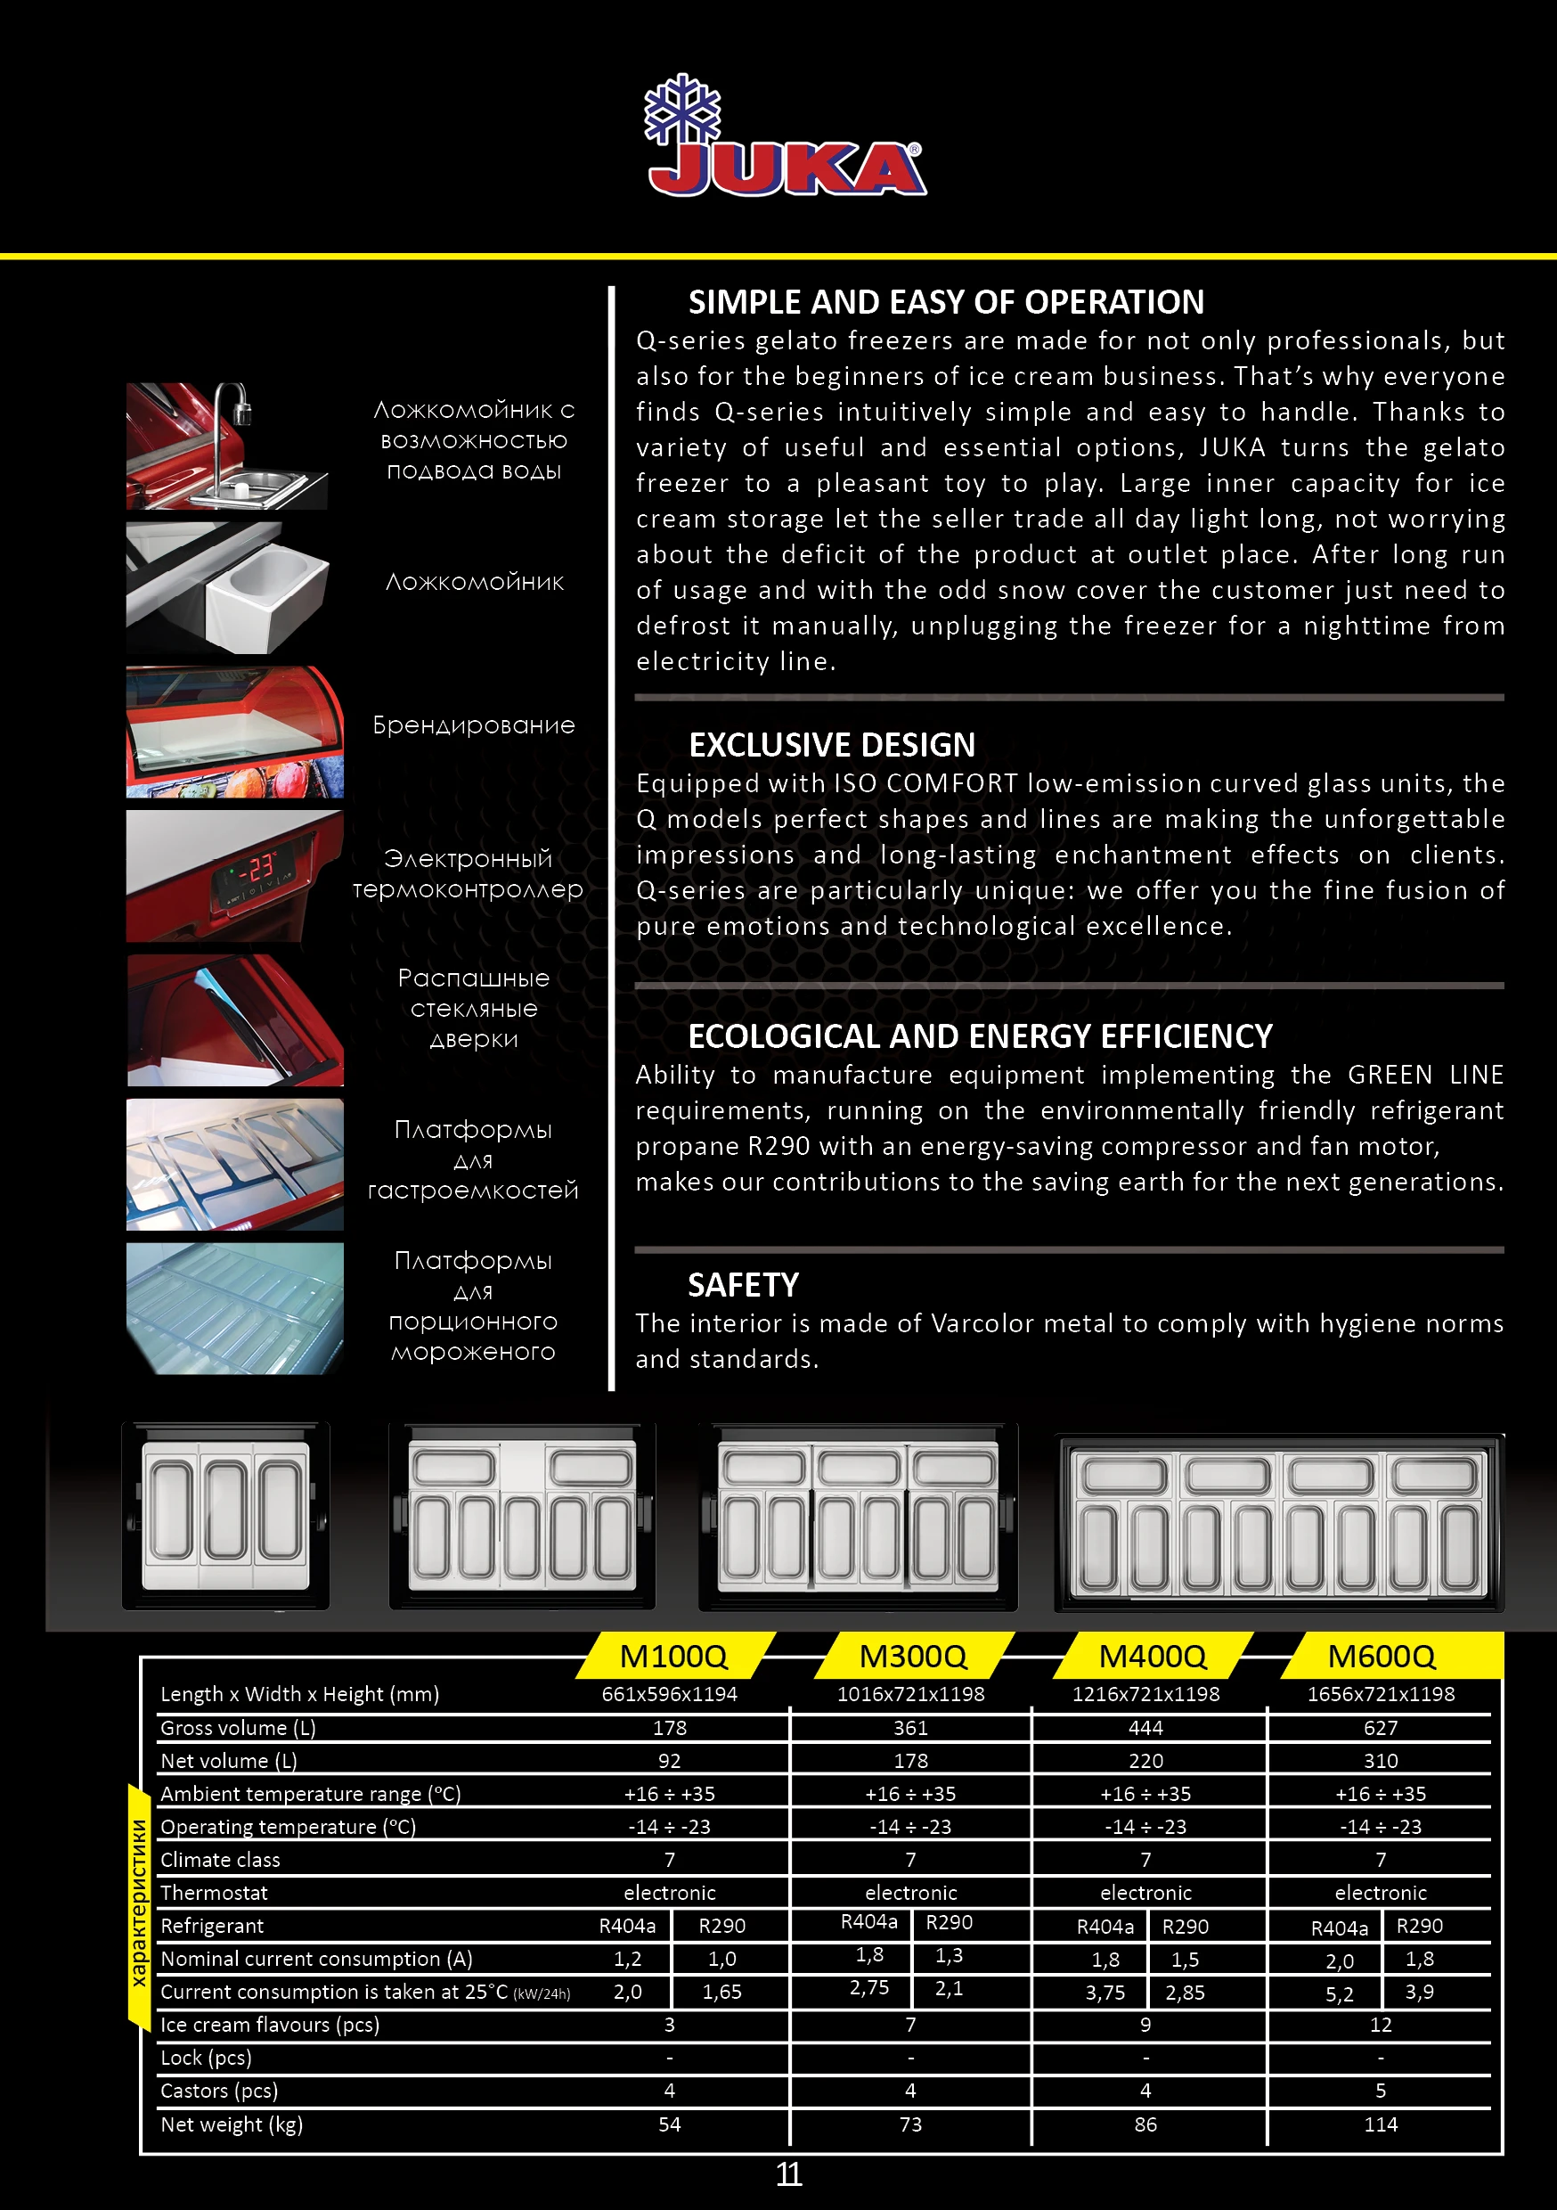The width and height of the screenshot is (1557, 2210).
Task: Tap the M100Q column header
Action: pyautogui.click(x=673, y=1656)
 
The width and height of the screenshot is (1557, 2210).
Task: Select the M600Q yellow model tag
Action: pyautogui.click(x=1381, y=1656)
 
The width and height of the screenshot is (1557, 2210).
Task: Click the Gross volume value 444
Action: pyautogui.click(x=1145, y=1728)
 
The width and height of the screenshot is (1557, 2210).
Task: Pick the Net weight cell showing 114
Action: pyautogui.click(x=1380, y=2124)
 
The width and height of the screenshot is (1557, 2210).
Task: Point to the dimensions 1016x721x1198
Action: pyautogui.click(x=910, y=1694)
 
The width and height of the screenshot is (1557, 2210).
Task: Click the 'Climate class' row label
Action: pyautogui.click(x=220, y=1860)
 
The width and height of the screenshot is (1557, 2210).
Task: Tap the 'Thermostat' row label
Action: pyautogui.click(x=214, y=1893)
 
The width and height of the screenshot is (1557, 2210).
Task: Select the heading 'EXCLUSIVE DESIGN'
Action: pyautogui.click(x=831, y=745)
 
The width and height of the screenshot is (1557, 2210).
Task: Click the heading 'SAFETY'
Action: pyautogui.click(x=743, y=1285)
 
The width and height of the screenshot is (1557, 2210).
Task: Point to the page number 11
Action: pyautogui.click(x=788, y=2174)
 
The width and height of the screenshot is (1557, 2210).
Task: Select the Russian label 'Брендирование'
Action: pyautogui.click(x=474, y=725)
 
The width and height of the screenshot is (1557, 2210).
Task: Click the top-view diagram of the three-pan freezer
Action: pyautogui.click(x=226, y=1514)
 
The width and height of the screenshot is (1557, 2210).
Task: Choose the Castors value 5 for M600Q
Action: pyautogui.click(x=1380, y=2091)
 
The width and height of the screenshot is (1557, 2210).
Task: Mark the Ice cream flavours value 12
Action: pyautogui.click(x=1380, y=2025)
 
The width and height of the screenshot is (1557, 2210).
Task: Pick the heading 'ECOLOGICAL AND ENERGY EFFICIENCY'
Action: pyautogui.click(x=980, y=1036)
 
